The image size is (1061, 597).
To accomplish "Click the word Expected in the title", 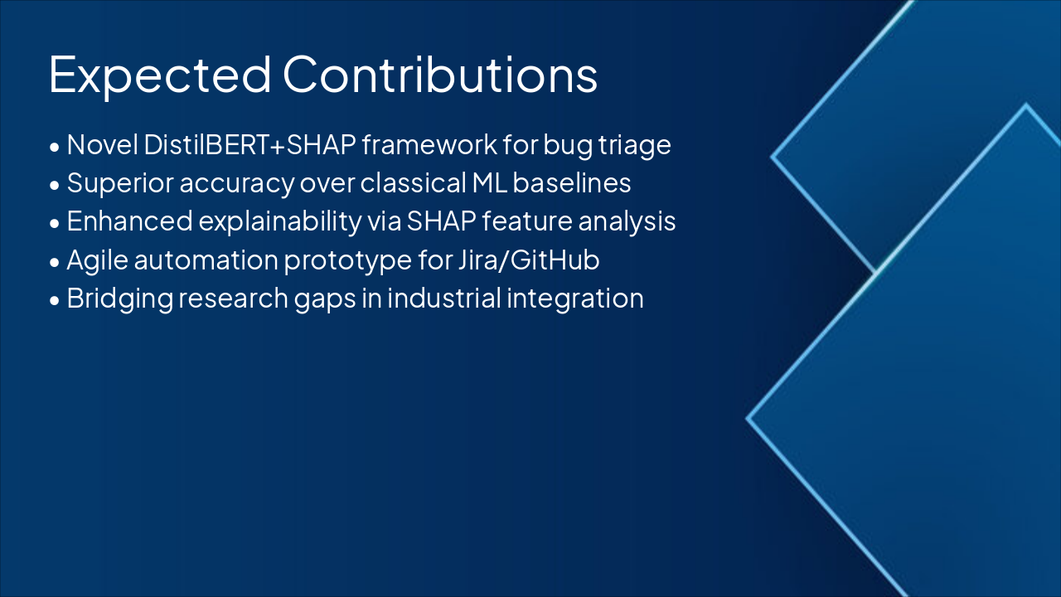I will [x=160, y=75].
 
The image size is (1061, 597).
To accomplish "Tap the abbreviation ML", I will [x=490, y=183].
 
